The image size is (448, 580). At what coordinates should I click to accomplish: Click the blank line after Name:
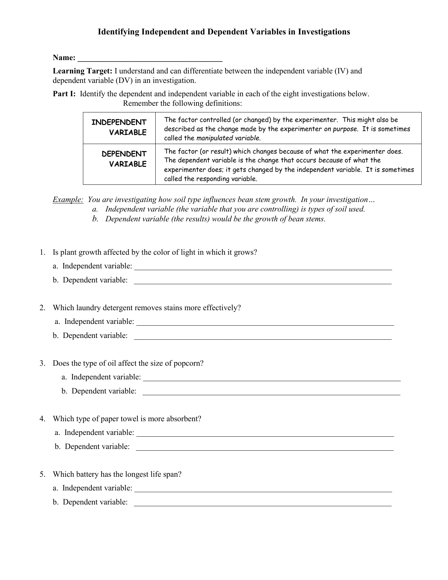coord(150,58)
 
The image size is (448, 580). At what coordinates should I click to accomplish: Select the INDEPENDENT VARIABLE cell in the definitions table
coord(119,128)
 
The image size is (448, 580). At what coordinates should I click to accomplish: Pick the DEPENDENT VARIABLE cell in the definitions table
coord(119,159)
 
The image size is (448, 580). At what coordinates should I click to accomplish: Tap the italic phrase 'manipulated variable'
coord(228,138)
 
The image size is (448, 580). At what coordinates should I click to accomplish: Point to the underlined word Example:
coord(68,200)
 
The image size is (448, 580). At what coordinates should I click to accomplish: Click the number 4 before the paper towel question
coord(42,419)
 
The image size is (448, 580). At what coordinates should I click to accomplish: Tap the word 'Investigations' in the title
coord(324,32)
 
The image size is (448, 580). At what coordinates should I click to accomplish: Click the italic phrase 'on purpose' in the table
coord(340,129)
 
